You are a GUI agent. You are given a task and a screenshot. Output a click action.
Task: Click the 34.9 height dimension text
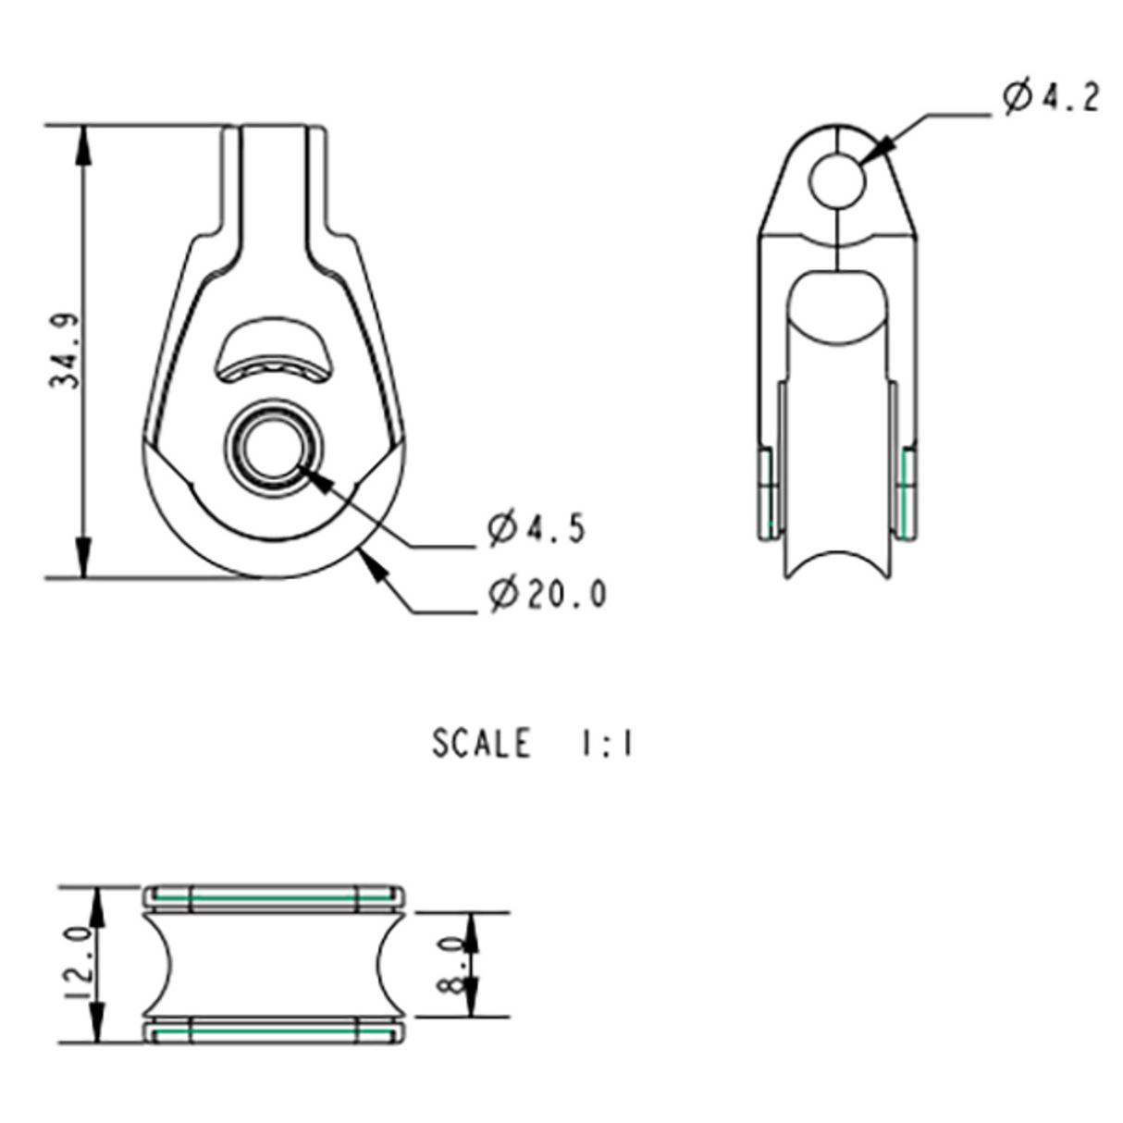[x=66, y=351]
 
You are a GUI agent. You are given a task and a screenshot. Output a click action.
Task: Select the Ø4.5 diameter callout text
[x=537, y=528]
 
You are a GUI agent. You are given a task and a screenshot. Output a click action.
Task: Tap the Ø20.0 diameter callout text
[x=548, y=593]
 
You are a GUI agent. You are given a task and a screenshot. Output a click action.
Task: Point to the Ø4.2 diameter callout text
[x=1051, y=97]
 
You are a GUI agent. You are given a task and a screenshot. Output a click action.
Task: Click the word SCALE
[x=481, y=744]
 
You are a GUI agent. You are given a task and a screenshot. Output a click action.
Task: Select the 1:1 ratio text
[x=607, y=744]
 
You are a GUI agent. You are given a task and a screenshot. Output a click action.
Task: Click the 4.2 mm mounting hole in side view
[x=837, y=179]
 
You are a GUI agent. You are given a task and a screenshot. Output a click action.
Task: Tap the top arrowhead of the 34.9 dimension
[x=83, y=143]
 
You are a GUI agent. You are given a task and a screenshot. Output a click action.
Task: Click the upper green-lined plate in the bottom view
[x=274, y=898]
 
